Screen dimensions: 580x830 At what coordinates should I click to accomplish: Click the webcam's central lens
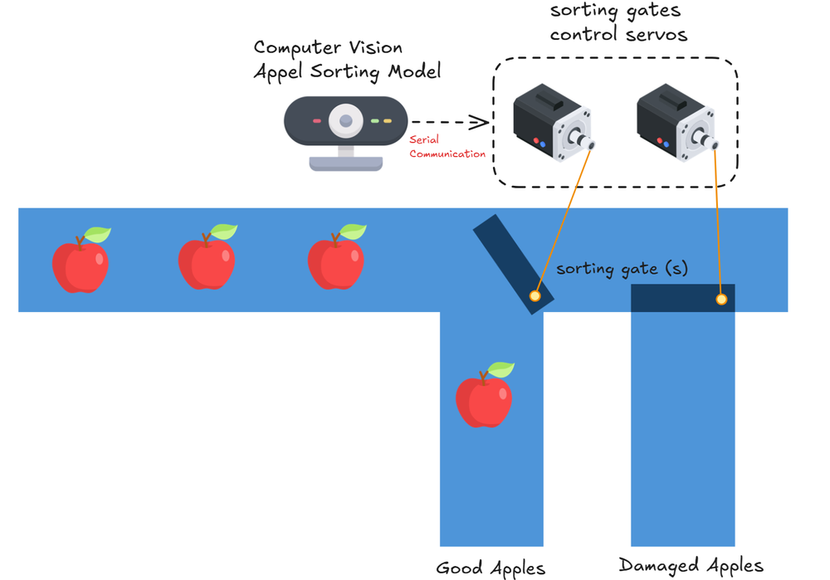click(345, 122)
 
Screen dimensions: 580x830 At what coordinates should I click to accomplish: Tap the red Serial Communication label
click(447, 147)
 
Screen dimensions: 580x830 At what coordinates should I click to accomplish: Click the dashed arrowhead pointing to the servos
click(480, 123)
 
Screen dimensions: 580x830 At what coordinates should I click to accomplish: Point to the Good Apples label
click(491, 568)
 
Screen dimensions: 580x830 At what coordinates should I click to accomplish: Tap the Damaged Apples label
click(691, 566)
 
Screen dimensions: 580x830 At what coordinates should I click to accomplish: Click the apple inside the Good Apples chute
click(484, 397)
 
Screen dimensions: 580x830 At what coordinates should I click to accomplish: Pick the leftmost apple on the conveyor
click(81, 262)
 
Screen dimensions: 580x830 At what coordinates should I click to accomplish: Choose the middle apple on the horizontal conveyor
click(207, 260)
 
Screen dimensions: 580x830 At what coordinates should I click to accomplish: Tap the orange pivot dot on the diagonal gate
click(535, 295)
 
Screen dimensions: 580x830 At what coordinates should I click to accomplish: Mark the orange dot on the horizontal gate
click(721, 299)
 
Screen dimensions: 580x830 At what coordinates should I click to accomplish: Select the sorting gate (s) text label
click(622, 270)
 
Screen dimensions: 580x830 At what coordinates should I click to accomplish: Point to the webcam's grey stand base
click(345, 163)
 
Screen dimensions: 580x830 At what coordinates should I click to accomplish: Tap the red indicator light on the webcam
click(316, 121)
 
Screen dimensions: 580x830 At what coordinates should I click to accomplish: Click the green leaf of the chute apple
click(501, 370)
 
